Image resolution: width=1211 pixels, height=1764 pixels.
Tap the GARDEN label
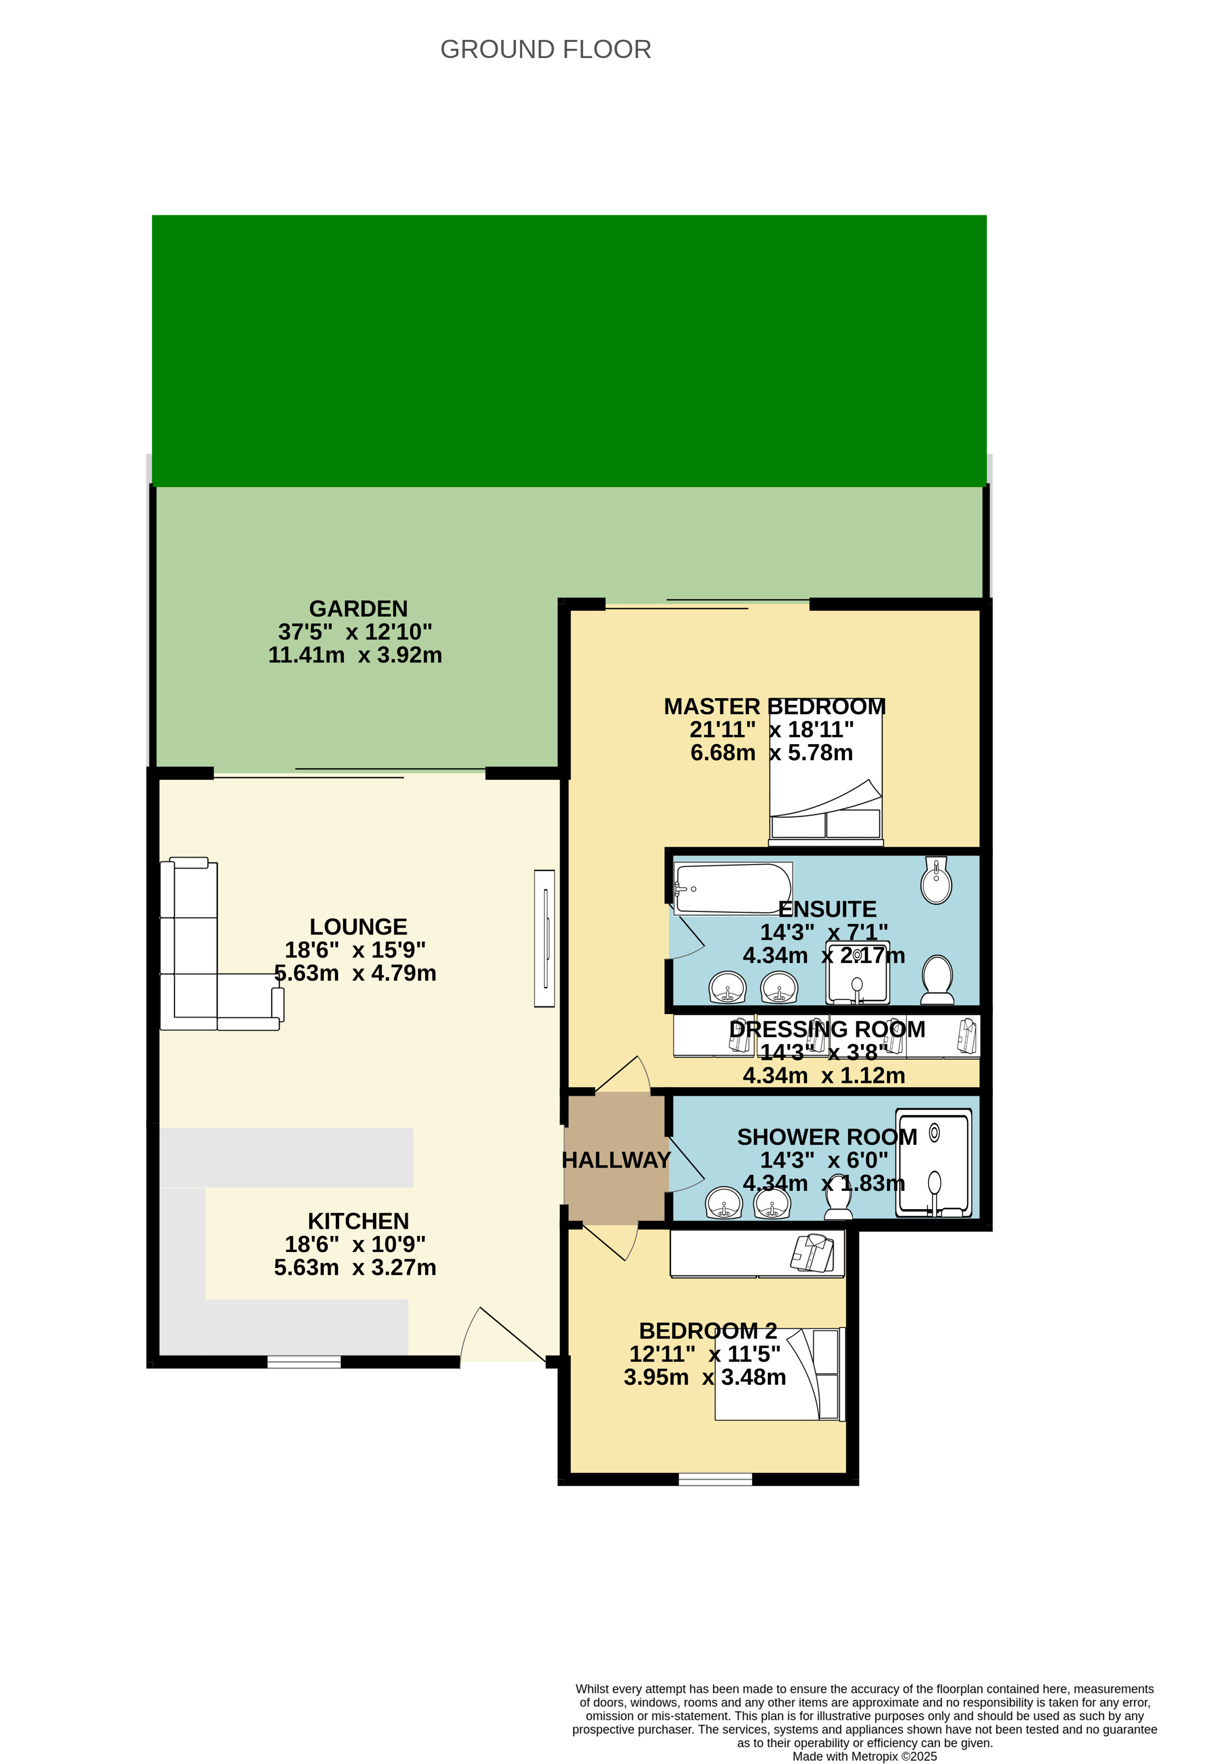[358, 609]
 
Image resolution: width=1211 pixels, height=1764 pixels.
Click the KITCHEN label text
[358, 1221]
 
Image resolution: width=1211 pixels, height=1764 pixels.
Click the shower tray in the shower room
[933, 1163]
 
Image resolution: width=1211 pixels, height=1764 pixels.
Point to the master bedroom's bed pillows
[825, 823]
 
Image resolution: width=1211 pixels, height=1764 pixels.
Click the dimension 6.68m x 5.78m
[771, 752]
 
